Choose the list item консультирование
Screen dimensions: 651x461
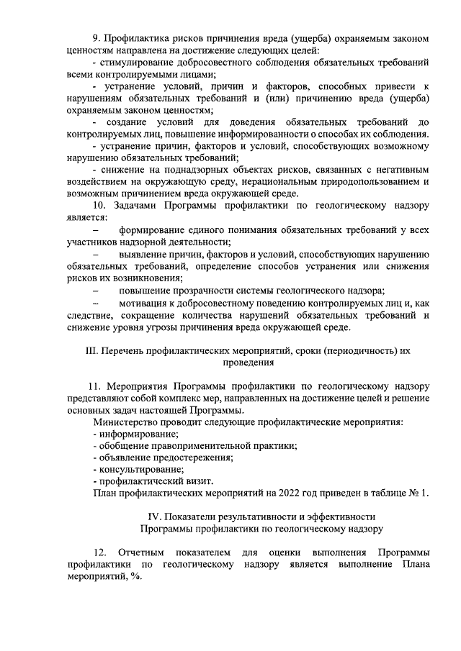click(x=138, y=469)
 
